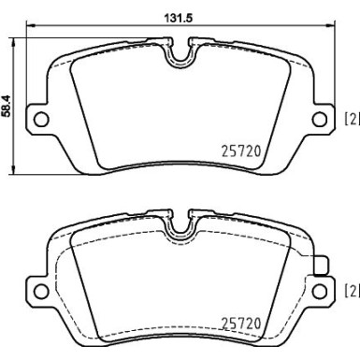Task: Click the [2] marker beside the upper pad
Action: (x=352, y=118)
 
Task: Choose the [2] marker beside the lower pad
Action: (x=352, y=289)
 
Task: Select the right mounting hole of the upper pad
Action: (x=317, y=118)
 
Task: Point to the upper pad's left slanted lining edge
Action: (x=85, y=103)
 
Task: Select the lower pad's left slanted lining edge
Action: (x=85, y=281)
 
